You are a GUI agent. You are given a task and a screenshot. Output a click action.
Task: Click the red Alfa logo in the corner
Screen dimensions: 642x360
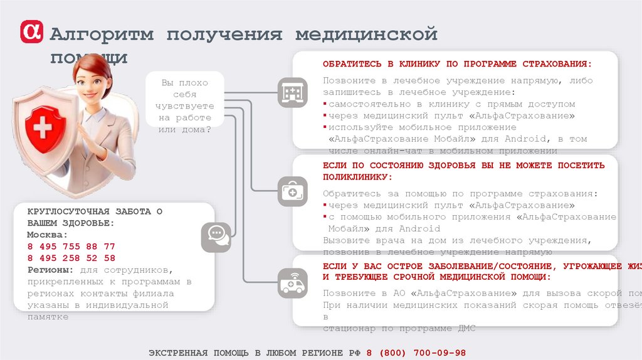[33, 32]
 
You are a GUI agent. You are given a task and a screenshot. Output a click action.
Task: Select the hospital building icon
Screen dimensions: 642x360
[292, 93]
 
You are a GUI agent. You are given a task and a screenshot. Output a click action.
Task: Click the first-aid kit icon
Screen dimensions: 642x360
[292, 190]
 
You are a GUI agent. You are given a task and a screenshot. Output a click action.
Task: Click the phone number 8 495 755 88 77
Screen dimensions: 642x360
[71, 246]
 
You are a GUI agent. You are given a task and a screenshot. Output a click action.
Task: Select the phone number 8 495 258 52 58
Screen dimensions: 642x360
[71, 257]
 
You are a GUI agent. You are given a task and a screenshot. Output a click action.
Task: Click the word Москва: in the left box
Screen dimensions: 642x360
[46, 235]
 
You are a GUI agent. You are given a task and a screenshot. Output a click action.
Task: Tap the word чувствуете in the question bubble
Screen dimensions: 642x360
[185, 106]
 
